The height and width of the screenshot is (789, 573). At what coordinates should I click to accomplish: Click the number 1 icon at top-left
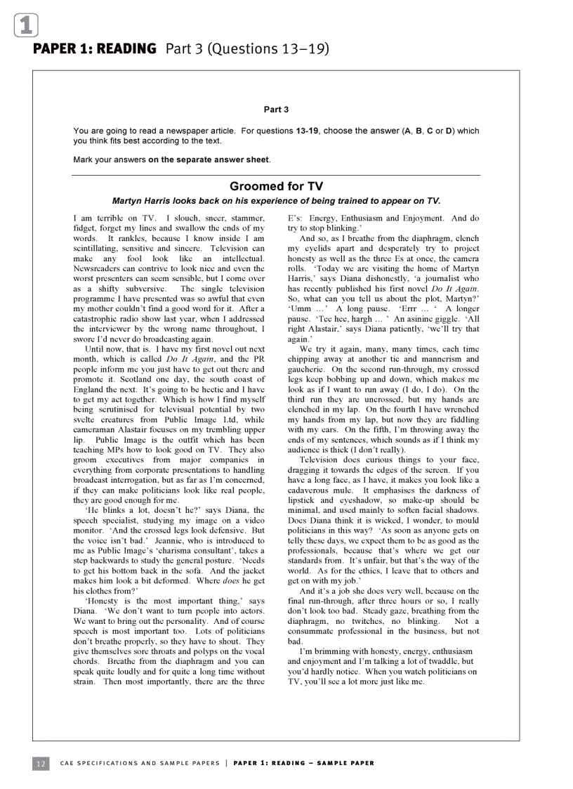(25, 26)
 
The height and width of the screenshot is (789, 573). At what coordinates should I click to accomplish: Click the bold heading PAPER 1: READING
(95, 48)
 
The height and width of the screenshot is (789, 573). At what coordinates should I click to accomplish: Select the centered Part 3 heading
(276, 110)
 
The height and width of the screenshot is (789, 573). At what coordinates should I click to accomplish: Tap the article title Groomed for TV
(276, 186)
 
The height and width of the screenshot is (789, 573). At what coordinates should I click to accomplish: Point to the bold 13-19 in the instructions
(307, 131)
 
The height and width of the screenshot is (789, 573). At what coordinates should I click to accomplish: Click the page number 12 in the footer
(41, 763)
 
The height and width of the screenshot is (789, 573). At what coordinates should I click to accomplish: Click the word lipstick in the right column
(305, 501)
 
